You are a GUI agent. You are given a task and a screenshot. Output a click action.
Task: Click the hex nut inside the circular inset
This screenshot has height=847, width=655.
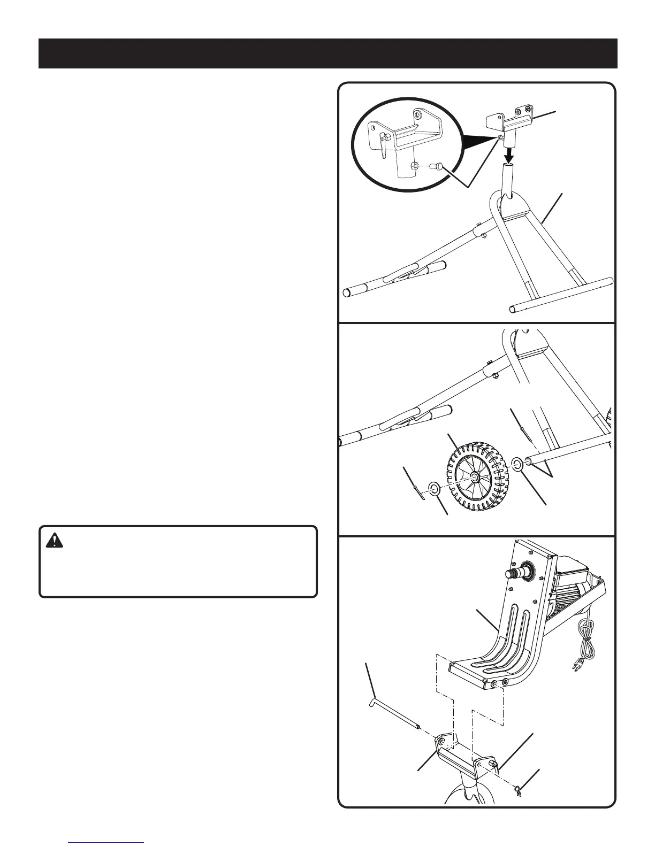point(414,166)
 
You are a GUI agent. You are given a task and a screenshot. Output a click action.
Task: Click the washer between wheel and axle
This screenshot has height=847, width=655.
point(517,463)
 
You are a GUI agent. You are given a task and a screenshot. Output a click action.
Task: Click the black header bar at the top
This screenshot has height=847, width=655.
point(327,53)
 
